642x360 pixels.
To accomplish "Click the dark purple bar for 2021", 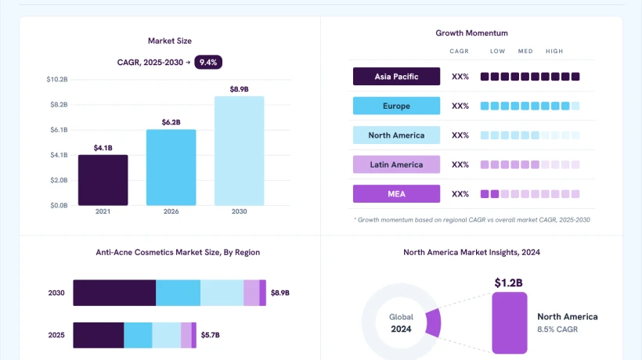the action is pos(103,180).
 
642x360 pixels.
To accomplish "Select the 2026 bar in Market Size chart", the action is pos(171,167).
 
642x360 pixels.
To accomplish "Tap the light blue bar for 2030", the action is pos(239,151).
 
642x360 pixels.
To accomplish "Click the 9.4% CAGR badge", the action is pos(208,62).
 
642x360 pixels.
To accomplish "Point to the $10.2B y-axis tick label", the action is pos(57,79).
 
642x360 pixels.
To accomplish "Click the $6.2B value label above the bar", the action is pos(171,122).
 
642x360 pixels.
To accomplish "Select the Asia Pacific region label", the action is pos(396,77).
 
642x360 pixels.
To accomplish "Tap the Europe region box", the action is pos(396,106).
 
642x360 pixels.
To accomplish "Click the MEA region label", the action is pos(396,194).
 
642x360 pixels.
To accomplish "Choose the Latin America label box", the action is pos(396,164).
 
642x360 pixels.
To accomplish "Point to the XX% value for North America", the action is pos(460,135).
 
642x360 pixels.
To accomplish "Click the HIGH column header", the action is pos(554,51).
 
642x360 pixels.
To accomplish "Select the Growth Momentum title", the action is pos(471,33).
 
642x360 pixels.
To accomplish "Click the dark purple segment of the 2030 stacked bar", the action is pos(114,293).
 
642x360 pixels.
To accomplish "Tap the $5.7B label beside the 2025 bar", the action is pos(211,335).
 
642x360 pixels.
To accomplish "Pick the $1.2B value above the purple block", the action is pos(509,283).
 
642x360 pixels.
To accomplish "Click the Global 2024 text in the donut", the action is pos(401,322).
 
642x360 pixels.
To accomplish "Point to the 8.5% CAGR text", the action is pos(557,329).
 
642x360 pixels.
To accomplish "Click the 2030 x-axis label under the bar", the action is pos(239,211).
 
